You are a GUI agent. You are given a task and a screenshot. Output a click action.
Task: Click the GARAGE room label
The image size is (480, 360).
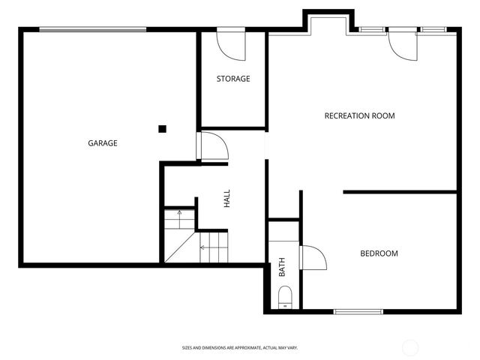(x=103, y=142)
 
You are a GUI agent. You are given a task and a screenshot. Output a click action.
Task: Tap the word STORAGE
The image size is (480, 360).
(x=233, y=79)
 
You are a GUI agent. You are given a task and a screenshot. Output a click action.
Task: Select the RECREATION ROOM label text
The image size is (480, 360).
(x=359, y=115)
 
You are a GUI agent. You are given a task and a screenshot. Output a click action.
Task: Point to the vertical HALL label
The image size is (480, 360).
(x=226, y=199)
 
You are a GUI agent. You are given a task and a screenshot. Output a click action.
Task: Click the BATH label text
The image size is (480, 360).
(x=283, y=268)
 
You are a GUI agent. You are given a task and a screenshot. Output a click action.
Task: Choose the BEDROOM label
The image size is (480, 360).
(x=379, y=253)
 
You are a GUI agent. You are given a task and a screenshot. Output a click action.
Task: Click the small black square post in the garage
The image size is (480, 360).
(x=162, y=128)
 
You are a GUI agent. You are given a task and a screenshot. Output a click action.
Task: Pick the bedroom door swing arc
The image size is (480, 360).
(x=313, y=258)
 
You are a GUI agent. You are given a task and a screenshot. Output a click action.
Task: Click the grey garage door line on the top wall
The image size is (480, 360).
(x=93, y=30)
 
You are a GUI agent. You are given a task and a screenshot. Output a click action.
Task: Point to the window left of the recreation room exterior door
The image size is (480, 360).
(x=370, y=29)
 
